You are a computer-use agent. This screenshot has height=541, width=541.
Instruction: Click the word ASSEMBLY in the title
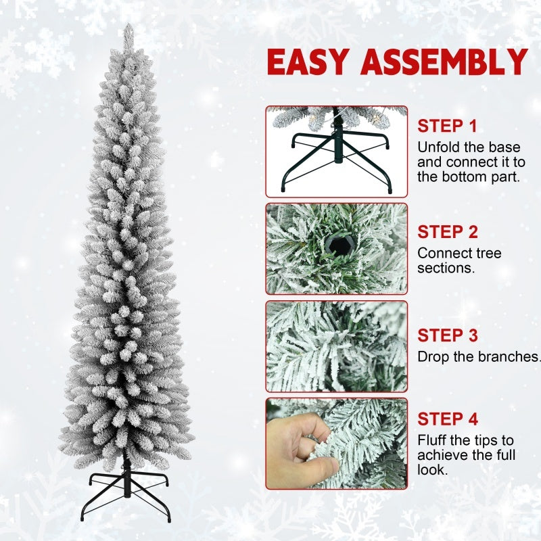tap(444, 62)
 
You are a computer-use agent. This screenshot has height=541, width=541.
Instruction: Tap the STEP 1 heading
tap(447, 126)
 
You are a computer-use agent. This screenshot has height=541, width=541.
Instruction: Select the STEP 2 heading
tap(447, 232)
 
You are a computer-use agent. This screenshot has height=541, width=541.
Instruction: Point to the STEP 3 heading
tap(447, 335)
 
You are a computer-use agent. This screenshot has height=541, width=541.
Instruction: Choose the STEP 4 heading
tap(447, 419)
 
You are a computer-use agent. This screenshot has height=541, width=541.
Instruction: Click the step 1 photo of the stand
tap(336, 151)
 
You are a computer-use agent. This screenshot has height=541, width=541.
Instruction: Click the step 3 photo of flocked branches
tap(336, 346)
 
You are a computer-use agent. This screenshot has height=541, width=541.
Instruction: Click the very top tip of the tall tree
tap(128, 26)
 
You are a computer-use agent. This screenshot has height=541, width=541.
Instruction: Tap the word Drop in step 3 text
tap(431, 356)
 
